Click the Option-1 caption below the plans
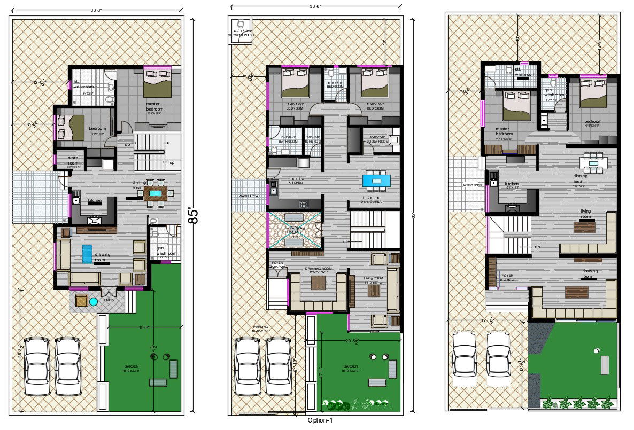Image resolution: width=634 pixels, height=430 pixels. [x=321, y=420]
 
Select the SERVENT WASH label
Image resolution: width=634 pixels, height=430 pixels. [x=241, y=35]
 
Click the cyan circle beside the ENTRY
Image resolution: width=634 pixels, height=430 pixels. [x=94, y=302]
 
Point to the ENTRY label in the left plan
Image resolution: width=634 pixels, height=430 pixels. [x=109, y=300]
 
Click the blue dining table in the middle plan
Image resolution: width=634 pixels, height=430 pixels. [x=376, y=181]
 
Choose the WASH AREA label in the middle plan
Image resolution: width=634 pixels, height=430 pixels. [x=248, y=196]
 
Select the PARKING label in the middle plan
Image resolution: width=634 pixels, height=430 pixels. [x=261, y=327]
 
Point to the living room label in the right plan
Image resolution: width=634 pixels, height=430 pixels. [x=586, y=214]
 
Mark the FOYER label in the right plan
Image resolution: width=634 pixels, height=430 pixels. [x=507, y=276]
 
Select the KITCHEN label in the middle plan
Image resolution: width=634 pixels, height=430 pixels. [x=296, y=182]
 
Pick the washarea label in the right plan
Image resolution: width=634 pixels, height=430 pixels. [x=472, y=185]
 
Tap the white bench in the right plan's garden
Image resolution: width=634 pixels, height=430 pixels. [x=605, y=365]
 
